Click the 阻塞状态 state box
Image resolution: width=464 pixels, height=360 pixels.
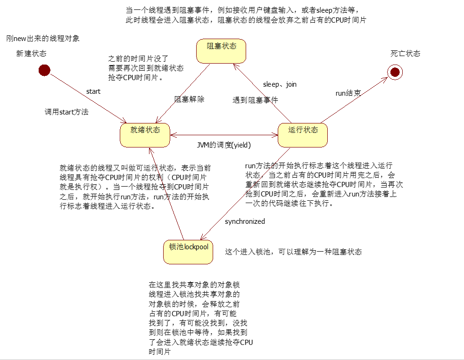(222, 51)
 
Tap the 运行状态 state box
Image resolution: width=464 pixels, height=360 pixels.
(302, 135)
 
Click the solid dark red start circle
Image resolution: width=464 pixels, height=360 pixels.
(44, 71)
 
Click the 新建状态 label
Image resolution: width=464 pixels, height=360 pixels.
(32, 54)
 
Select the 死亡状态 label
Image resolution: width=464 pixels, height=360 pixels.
(405, 54)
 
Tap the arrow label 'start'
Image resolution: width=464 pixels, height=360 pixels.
(93, 91)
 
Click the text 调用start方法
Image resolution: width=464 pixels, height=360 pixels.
(66, 112)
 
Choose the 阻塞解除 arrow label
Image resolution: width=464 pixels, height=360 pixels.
(190, 99)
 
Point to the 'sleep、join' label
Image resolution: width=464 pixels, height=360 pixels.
(280, 84)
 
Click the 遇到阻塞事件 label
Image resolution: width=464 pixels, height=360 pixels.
(255, 100)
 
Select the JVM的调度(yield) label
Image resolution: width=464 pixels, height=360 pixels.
(224, 145)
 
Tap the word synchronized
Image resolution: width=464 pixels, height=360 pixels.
(245, 221)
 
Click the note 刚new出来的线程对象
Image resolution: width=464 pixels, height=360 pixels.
(47, 38)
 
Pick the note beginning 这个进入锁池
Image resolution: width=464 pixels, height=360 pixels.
(293, 252)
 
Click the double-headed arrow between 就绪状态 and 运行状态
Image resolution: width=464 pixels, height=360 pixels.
(224, 135)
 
